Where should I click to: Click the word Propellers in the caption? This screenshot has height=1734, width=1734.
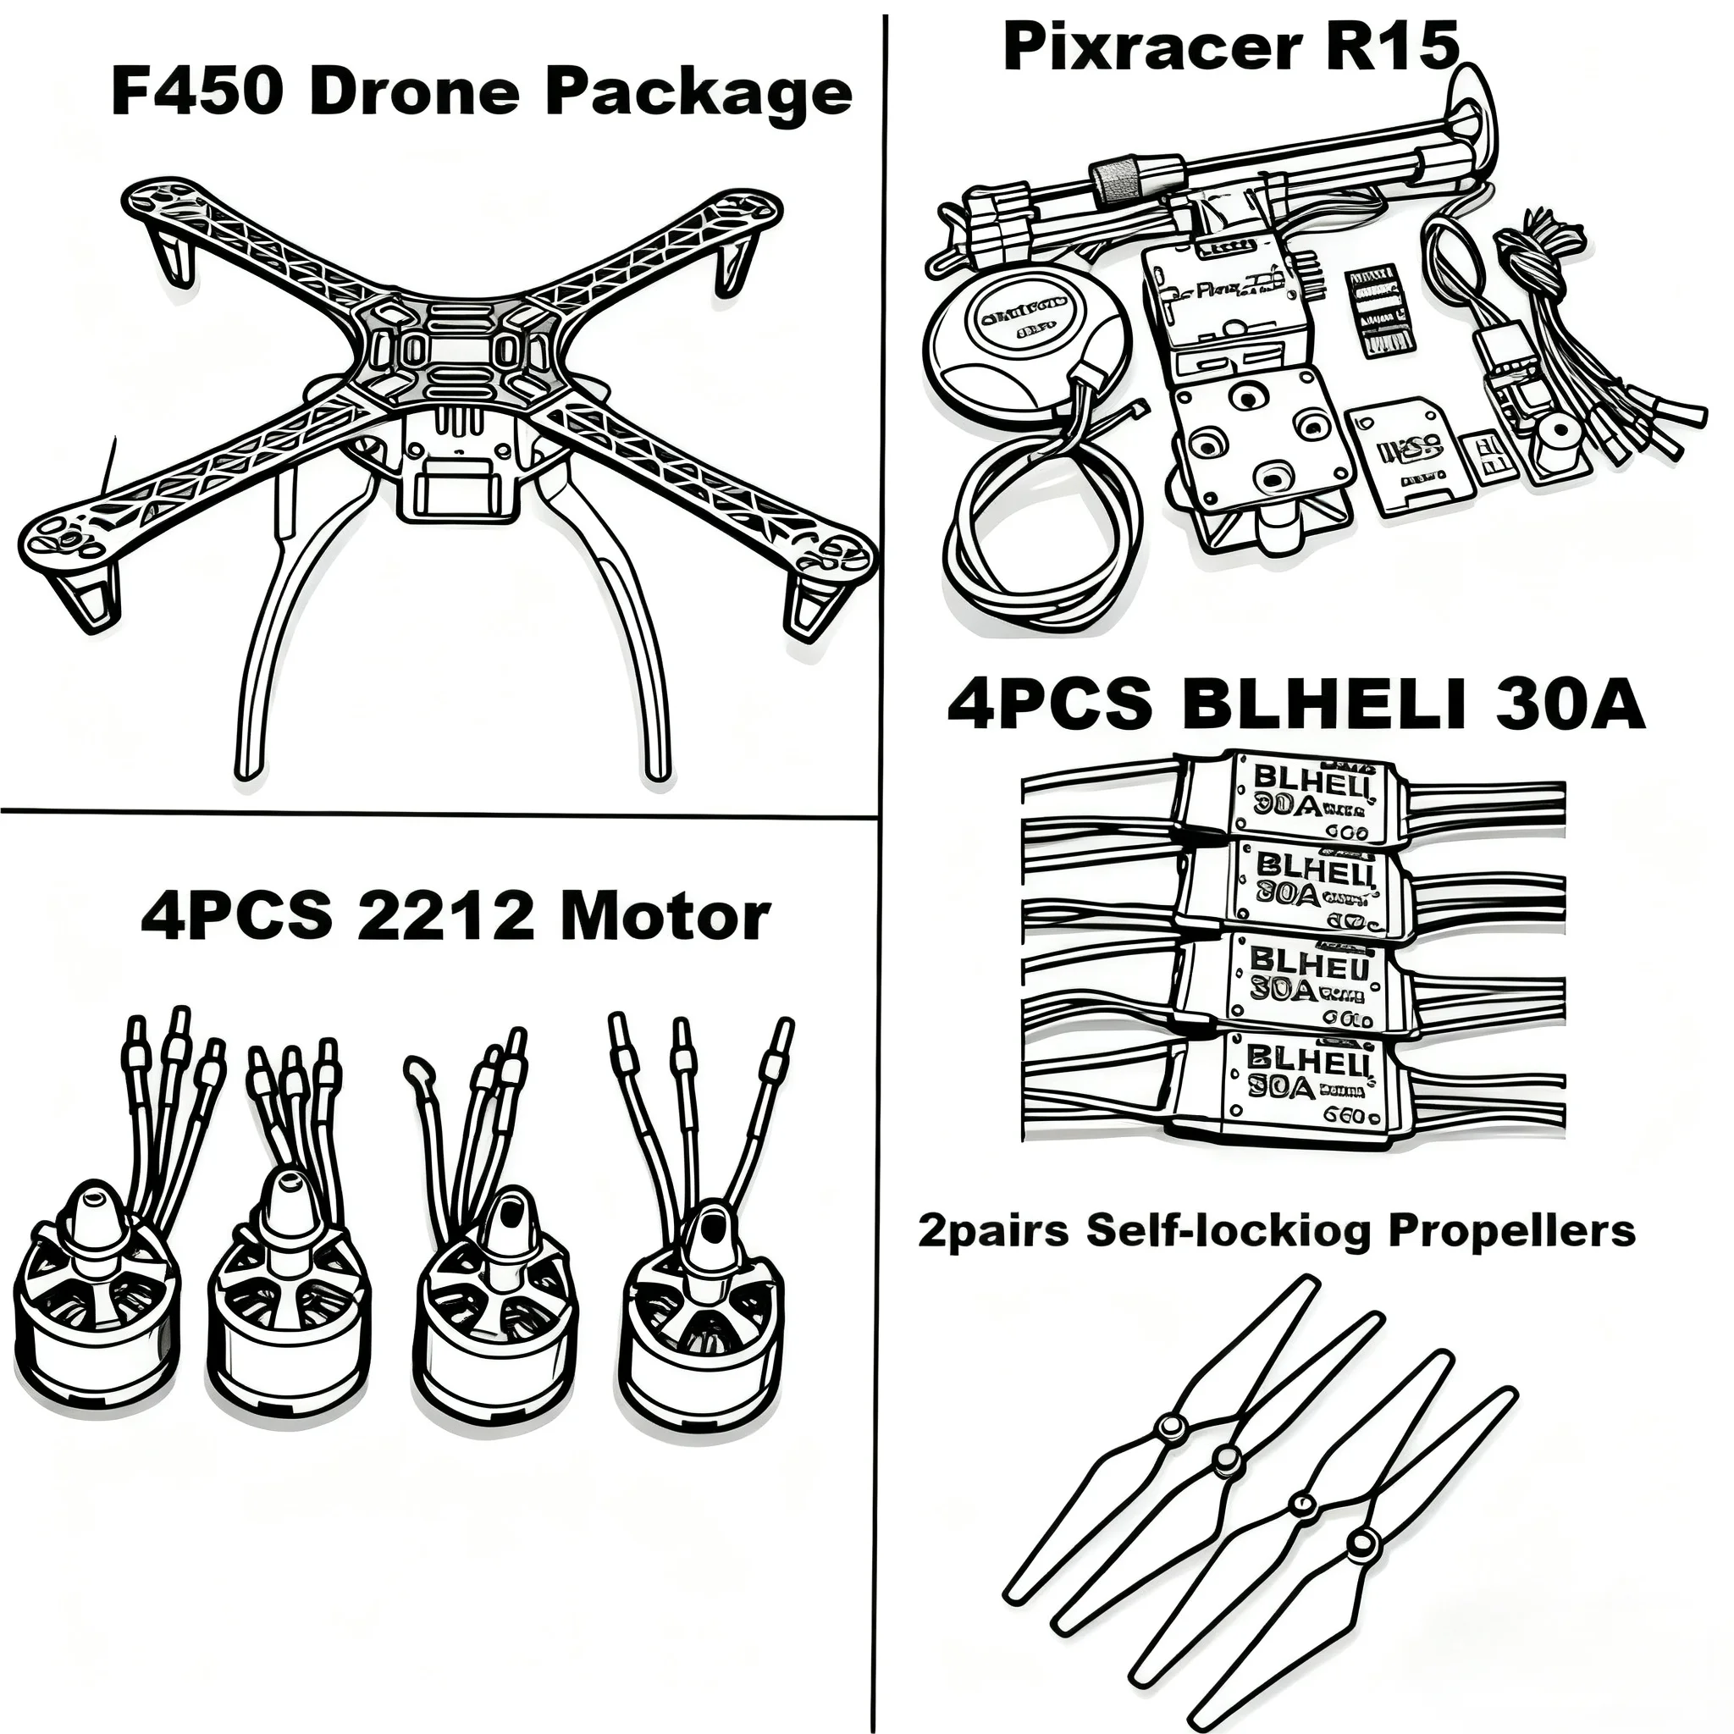(1510, 1230)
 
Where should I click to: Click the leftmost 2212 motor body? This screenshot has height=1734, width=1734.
(97, 1311)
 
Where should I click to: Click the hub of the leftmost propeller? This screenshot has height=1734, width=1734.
(1169, 1426)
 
